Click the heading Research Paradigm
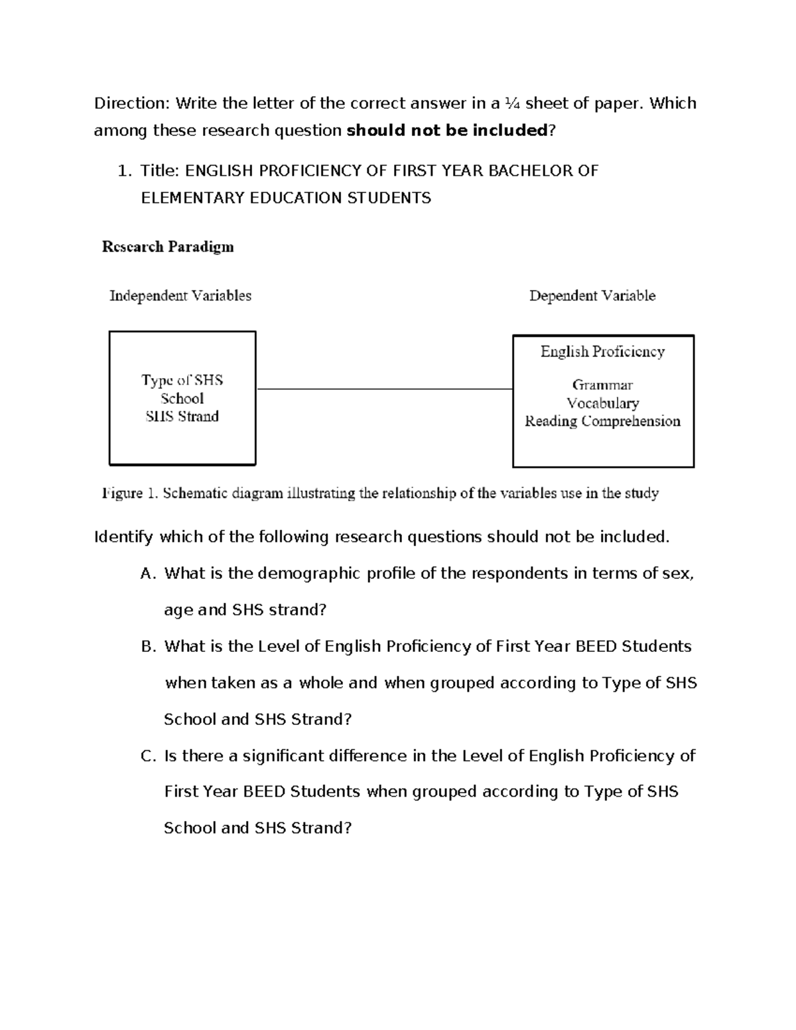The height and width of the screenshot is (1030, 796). tap(167, 247)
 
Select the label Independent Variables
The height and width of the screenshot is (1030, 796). tap(180, 296)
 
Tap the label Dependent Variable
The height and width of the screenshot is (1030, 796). tap(592, 296)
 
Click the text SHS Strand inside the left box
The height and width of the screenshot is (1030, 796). tap(182, 417)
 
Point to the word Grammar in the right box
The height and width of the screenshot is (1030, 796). tap(602, 385)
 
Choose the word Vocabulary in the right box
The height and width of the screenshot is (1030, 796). tap(602, 403)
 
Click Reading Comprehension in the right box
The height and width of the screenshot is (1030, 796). tap(602, 421)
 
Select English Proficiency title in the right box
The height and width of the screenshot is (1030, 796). tap(602, 352)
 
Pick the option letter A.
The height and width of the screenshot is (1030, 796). tap(147, 574)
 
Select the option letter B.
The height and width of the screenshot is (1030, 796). tap(147, 647)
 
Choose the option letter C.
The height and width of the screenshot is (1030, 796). tap(147, 756)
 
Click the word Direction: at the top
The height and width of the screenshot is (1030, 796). tap(132, 103)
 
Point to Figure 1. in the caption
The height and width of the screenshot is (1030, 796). tap(130, 493)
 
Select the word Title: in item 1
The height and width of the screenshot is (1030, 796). tap(160, 171)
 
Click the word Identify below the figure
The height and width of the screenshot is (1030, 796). tap(124, 537)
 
